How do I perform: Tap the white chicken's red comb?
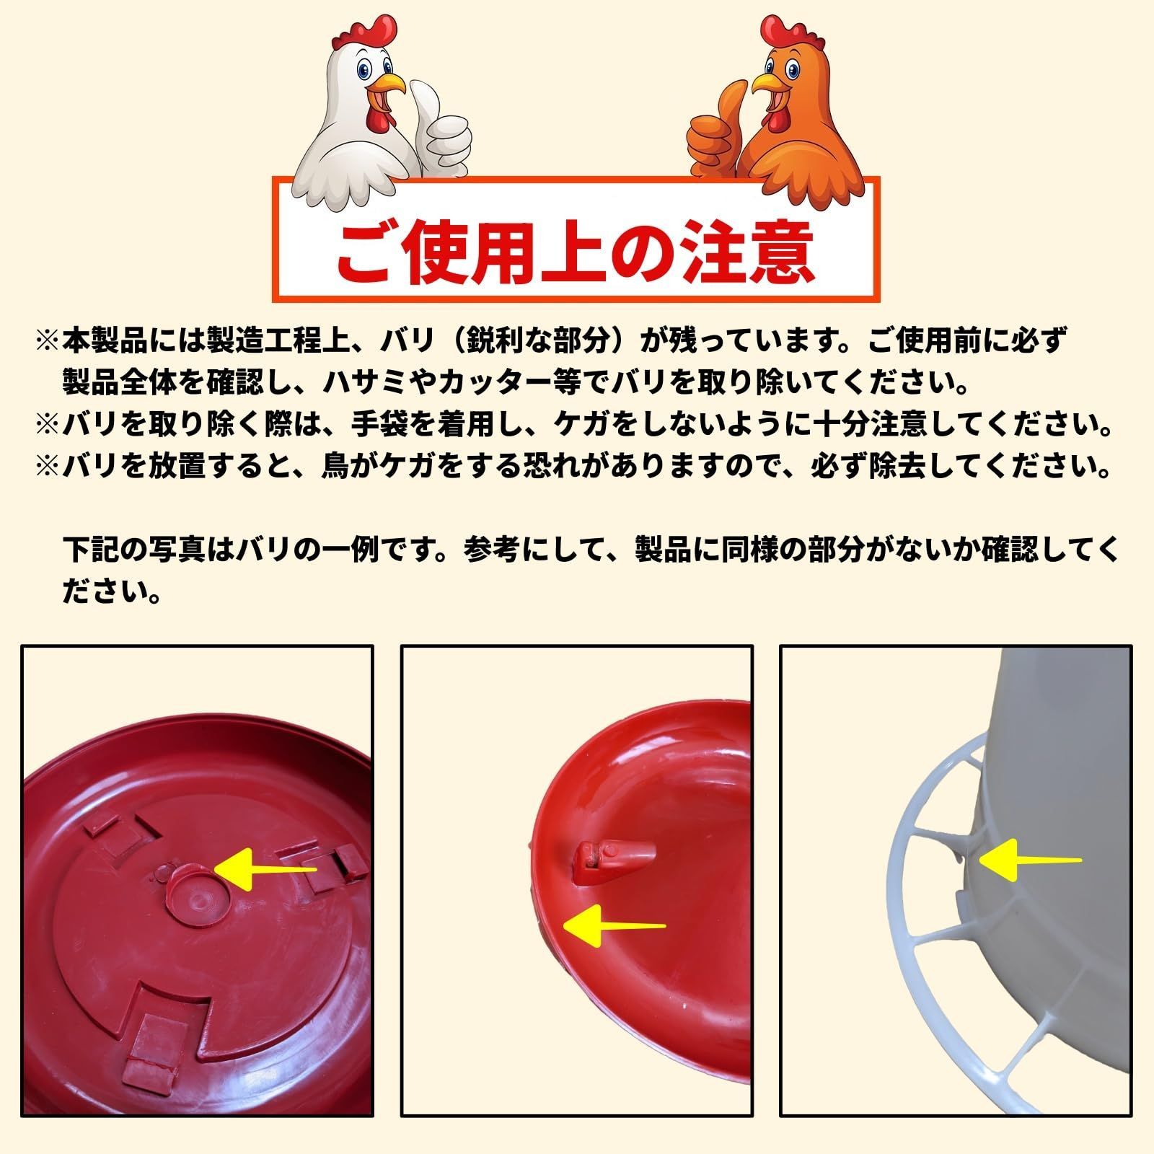(x=369, y=32)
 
